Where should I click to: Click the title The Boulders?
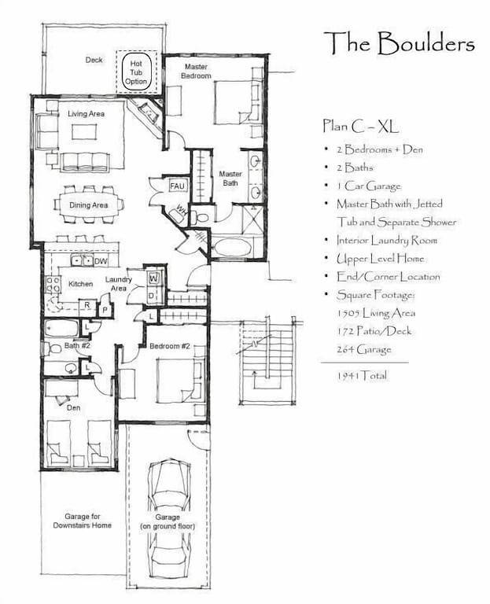click(399, 42)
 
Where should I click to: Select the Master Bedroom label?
click(195, 71)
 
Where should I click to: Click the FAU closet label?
click(177, 186)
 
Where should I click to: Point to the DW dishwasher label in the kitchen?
click(101, 261)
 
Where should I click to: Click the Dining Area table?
click(89, 205)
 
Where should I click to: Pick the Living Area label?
click(87, 114)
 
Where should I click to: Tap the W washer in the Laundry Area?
click(153, 278)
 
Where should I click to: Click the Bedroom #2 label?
click(170, 345)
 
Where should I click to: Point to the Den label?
click(73, 407)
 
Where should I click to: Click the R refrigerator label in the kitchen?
click(84, 305)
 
